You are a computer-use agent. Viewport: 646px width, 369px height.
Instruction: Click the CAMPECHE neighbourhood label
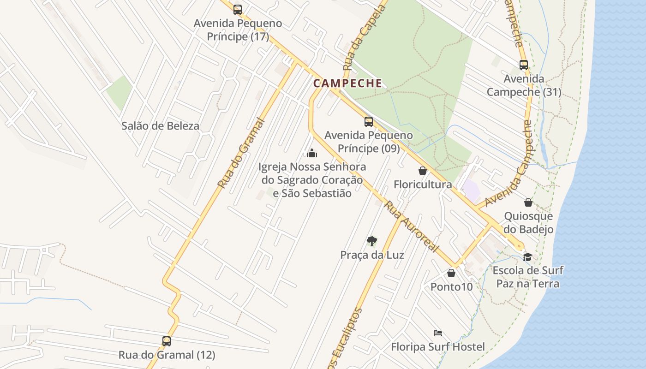(347, 83)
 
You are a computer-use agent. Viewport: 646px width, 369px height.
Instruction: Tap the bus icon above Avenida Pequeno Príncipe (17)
(238, 10)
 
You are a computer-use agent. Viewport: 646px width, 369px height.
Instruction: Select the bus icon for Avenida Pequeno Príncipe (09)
(369, 122)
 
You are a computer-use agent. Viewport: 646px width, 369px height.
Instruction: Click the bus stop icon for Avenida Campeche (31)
(524, 65)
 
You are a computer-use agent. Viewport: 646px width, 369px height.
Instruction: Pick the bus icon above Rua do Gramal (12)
(167, 341)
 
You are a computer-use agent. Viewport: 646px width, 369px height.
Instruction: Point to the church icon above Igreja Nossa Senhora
(312, 153)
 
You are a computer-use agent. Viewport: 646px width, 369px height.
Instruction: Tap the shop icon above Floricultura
(423, 171)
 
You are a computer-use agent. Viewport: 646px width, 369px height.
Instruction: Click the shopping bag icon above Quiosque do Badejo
(528, 202)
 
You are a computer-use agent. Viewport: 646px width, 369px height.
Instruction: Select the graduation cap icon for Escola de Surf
(528, 257)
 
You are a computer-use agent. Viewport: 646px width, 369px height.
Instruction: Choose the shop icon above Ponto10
(451, 273)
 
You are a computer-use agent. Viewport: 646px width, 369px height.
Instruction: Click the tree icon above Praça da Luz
(372, 241)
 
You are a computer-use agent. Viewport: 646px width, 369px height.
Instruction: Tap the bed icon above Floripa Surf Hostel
(438, 333)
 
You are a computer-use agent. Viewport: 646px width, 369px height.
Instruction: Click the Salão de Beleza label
(160, 126)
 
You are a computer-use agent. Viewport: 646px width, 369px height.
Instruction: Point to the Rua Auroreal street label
(411, 226)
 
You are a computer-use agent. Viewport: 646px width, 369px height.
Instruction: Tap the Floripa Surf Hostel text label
(438, 347)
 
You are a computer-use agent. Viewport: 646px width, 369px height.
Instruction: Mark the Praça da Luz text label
(372, 255)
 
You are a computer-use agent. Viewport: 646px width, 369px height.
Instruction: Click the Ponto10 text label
(451, 287)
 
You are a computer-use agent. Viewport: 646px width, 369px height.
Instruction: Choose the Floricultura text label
(423, 184)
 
